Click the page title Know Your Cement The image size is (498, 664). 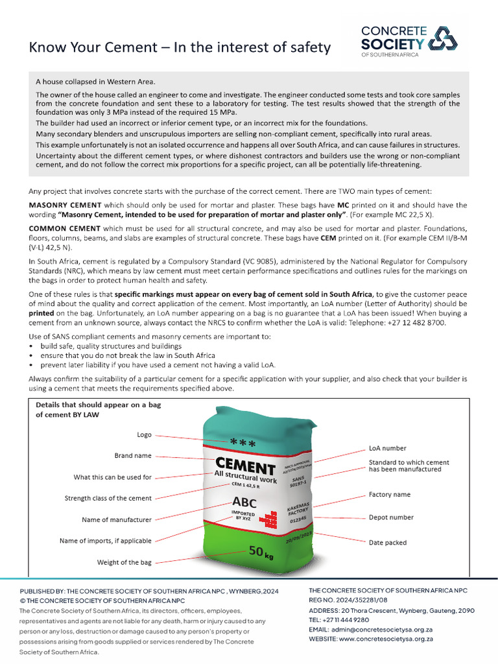180,47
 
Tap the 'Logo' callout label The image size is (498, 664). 144,434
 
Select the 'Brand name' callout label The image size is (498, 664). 133,456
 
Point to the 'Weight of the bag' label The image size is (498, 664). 124,562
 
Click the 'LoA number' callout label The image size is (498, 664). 388,448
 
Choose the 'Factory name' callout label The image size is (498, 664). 390,495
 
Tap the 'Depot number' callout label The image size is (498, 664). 391,517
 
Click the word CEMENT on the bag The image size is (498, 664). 244,466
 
